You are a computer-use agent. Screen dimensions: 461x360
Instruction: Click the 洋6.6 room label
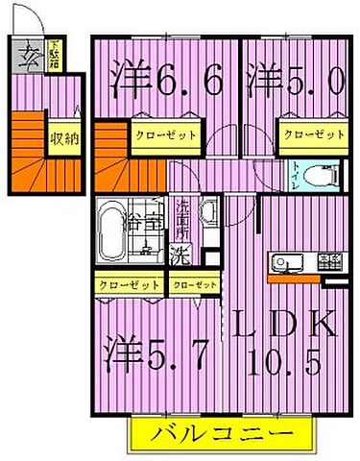169,78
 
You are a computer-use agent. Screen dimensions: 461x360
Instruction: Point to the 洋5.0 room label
294,78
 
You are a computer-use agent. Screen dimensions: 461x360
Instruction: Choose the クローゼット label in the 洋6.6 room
164,135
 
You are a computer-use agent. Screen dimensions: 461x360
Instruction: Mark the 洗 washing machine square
179,255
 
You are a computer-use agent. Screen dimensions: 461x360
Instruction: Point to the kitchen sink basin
287,261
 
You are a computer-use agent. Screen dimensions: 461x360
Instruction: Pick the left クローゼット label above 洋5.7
129,284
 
